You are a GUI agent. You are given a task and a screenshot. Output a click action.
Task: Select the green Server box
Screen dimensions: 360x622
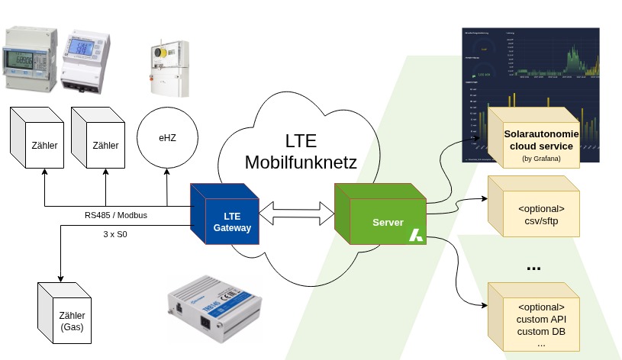[381, 220]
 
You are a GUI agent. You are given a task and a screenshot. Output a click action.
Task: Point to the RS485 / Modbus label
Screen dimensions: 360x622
[116, 216]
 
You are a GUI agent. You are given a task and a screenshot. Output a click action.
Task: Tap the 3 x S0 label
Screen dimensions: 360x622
[116, 234]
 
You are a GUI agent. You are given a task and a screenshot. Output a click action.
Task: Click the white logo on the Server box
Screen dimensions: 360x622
[416, 235]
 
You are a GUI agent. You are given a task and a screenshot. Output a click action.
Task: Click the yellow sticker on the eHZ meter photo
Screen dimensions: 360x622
[163, 54]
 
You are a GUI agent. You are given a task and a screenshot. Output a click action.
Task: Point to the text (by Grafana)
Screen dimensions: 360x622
[541, 159]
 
